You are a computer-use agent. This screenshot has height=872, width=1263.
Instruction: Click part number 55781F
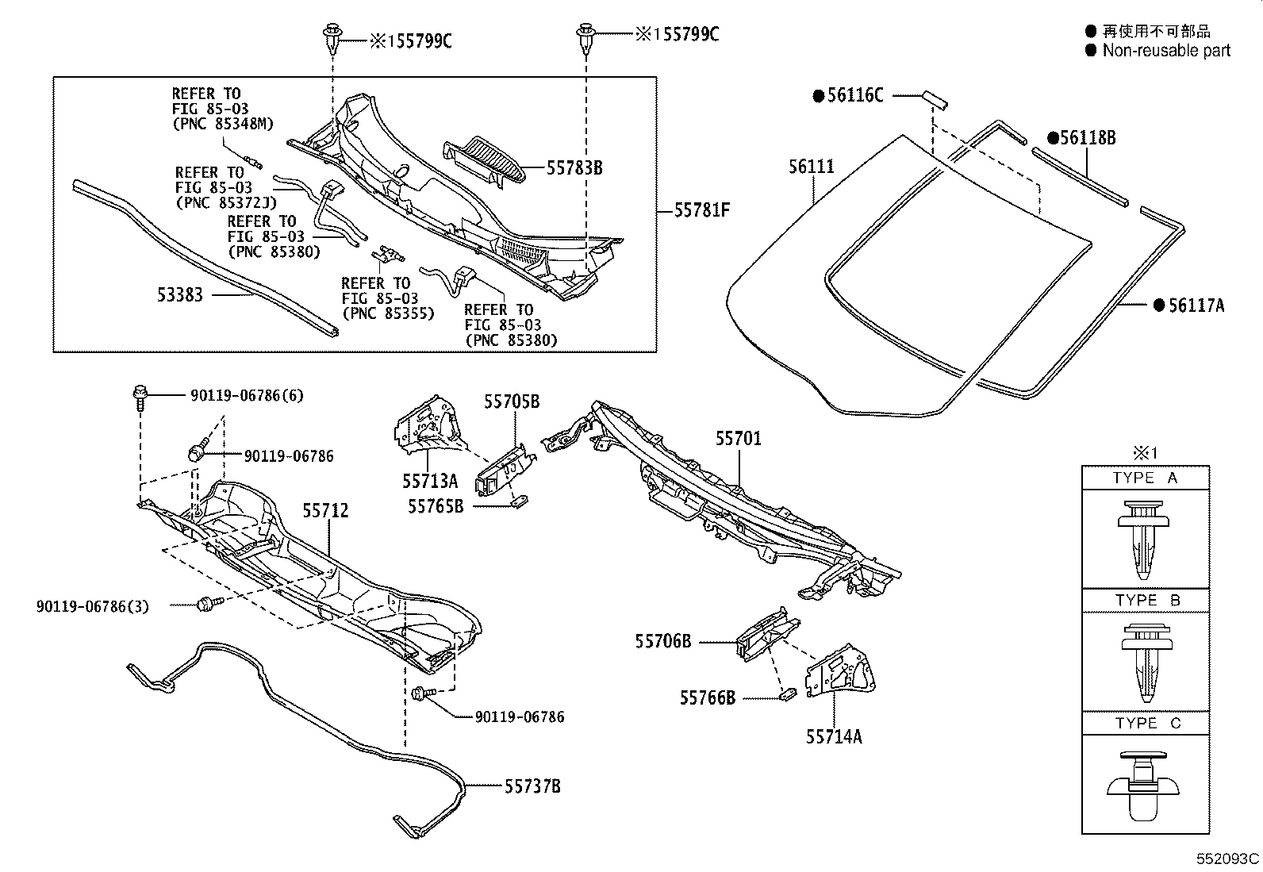point(701,211)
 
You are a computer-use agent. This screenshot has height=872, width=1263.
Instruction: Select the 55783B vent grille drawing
point(485,163)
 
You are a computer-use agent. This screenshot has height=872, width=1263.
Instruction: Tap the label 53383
point(179,295)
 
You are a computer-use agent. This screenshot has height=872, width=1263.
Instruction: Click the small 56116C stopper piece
point(933,98)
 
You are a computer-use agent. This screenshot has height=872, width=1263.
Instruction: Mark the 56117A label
point(1196,305)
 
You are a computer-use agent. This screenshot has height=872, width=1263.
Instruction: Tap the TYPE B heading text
point(1147,601)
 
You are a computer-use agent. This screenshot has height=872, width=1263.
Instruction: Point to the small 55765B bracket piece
point(520,503)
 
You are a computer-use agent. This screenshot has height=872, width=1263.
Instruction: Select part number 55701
point(738,439)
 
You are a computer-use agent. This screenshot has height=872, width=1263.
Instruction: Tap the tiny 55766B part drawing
point(788,694)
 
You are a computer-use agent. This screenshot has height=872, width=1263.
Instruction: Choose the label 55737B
point(532,786)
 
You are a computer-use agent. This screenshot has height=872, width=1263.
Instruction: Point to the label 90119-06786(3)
point(92,606)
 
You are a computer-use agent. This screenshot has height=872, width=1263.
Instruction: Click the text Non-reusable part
point(1165,51)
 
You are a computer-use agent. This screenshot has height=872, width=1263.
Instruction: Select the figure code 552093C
point(1228,859)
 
